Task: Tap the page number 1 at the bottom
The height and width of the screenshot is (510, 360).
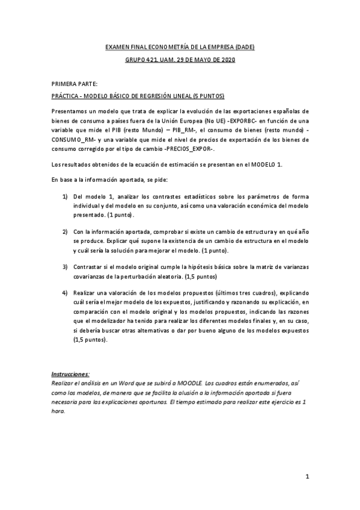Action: (307, 478)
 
